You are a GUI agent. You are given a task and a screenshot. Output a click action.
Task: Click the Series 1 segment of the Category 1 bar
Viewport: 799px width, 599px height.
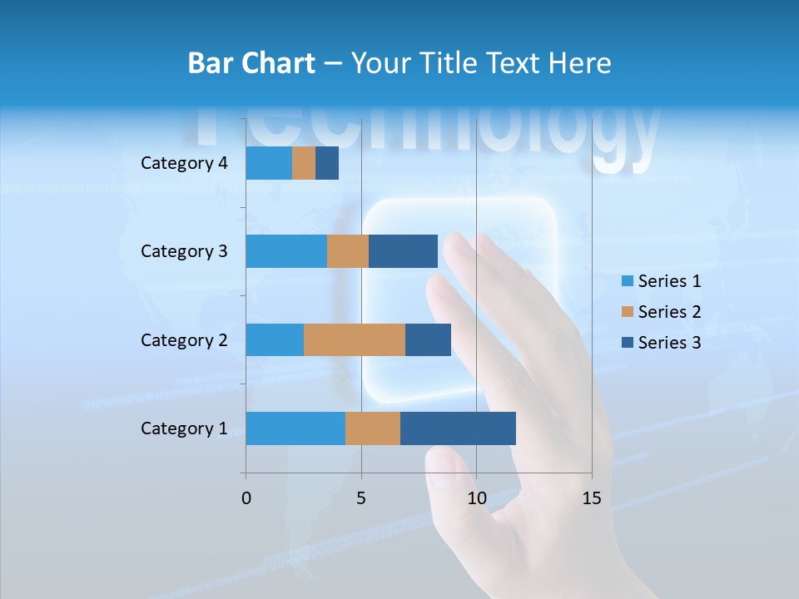coord(295,428)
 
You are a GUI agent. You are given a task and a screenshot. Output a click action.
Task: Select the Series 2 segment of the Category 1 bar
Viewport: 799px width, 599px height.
coord(373,428)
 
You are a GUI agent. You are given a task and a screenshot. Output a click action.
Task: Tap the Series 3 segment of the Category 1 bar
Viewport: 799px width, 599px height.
coord(458,428)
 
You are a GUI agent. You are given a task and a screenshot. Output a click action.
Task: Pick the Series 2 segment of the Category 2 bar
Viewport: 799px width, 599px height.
coord(355,339)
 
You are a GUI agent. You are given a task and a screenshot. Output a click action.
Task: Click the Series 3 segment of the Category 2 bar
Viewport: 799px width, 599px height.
coord(428,339)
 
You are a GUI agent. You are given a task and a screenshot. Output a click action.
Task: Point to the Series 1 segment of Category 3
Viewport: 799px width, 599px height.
coord(286,251)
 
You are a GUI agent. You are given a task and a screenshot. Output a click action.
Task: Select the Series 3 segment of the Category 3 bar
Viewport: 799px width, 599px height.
coord(403,251)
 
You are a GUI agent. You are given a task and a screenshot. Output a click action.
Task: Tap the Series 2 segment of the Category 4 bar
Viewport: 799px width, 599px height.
coord(304,163)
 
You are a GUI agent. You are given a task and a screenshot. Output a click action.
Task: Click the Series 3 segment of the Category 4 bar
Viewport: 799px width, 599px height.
coord(327,163)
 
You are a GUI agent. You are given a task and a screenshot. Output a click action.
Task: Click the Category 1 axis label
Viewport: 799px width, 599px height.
coord(184,428)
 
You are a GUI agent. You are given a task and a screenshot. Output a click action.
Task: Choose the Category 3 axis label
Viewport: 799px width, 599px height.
coord(184,251)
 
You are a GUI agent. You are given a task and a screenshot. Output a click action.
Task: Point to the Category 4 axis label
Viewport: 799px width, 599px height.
coord(184,163)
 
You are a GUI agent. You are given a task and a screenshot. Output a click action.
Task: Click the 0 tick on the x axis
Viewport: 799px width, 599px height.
coord(246,498)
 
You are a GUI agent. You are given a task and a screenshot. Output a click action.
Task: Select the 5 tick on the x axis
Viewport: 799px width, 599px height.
coord(361,498)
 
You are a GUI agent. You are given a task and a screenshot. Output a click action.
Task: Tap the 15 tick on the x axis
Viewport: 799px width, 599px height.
coord(591,498)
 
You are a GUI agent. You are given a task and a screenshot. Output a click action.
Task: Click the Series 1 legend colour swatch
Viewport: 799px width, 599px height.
coord(628,281)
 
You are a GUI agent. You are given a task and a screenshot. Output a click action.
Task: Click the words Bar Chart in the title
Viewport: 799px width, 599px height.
coord(251,63)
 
